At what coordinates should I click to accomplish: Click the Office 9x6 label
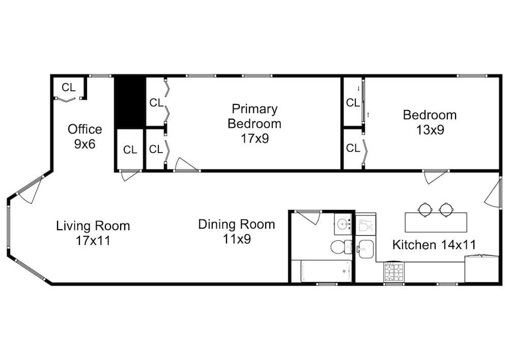(84, 136)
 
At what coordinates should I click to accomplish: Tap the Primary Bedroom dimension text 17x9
(255, 139)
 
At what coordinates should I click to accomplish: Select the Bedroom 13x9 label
(430, 122)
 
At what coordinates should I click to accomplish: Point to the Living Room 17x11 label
(93, 233)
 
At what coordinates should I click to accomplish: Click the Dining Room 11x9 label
(237, 232)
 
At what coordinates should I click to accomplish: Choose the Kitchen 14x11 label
(434, 245)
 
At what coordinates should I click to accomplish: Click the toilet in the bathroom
(341, 247)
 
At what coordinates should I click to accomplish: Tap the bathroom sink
(343, 224)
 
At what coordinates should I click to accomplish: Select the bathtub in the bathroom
(326, 271)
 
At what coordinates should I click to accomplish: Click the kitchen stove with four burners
(394, 272)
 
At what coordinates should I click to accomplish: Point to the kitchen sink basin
(365, 249)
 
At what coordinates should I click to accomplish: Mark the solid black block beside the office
(129, 102)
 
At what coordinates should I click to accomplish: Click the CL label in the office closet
(69, 87)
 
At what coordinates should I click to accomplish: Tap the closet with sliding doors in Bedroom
(354, 102)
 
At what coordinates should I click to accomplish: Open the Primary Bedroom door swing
(186, 164)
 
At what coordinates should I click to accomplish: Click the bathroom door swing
(307, 217)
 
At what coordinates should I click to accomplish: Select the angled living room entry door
(31, 189)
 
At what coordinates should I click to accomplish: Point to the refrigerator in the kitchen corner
(482, 269)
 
